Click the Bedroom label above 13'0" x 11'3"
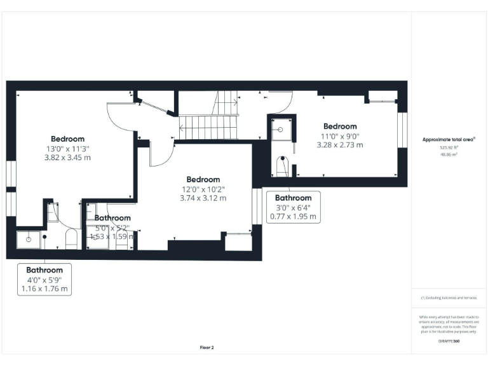click(67, 139)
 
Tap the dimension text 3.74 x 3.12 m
click(203, 198)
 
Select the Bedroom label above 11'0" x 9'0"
click(340, 126)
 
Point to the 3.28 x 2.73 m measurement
click(340, 145)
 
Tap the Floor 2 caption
click(207, 347)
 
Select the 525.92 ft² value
click(449, 147)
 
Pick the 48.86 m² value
click(449, 154)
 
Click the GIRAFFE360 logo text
click(449, 341)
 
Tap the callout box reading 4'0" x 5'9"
click(44, 280)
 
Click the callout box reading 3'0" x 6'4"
click(293, 207)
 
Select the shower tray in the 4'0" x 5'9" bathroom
click(29, 239)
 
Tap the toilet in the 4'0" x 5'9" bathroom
click(71, 240)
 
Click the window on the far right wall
click(402, 132)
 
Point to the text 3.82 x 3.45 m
click(67, 157)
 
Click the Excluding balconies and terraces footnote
click(449, 298)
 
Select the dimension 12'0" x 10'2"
click(203, 189)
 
